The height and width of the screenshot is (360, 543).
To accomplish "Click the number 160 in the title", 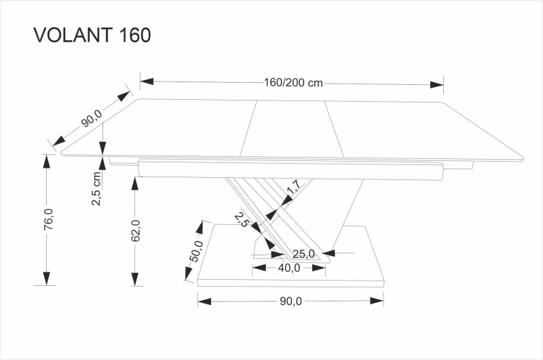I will click(133, 35).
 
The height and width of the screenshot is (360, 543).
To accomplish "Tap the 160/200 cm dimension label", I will click(293, 83).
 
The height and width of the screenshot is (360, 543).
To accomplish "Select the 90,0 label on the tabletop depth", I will click(91, 118).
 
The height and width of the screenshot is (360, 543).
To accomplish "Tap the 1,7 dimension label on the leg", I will click(293, 187).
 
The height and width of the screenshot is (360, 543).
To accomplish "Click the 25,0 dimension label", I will click(303, 254).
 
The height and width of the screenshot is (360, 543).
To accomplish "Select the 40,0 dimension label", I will click(289, 268).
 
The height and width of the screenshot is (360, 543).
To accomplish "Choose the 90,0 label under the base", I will click(290, 301).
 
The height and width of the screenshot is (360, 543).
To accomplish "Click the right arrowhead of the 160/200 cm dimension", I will click(437, 84).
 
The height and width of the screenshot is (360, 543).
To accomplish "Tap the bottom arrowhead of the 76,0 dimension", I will click(46, 278).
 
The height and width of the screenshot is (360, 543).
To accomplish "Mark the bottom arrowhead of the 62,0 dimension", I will click(136, 278).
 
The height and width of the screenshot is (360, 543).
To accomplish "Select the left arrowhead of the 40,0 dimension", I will click(258, 268).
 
